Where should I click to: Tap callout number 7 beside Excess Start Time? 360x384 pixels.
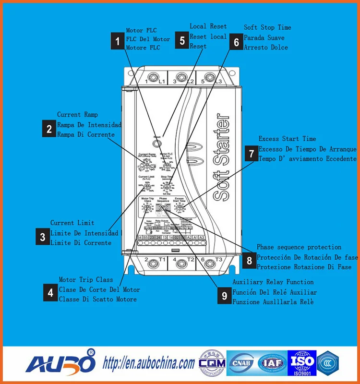(251, 153)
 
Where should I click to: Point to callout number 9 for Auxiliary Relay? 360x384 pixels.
(224, 296)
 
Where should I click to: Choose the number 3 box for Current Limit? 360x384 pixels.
(43, 236)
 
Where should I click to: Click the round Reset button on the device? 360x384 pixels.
(157, 143)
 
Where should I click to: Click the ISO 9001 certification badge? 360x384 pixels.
(301, 363)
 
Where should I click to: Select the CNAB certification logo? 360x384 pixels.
(243, 363)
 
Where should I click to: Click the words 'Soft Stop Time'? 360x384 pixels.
(267, 27)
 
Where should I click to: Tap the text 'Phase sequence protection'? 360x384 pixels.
(299, 247)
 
